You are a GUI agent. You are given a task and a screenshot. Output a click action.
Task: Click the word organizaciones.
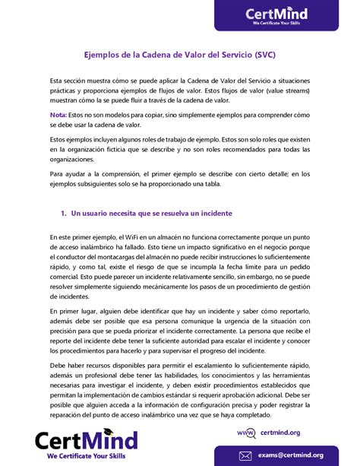(x=77, y=159)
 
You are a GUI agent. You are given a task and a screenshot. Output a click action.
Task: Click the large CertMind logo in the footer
(x=86, y=440)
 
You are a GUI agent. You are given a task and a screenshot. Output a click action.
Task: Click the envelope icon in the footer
(x=245, y=455)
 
